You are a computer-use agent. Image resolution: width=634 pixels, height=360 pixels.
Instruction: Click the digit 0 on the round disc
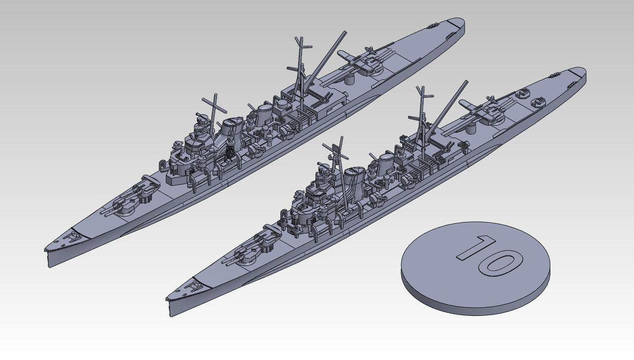click(500, 264)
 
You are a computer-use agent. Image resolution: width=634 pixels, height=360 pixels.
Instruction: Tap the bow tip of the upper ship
click(45, 250)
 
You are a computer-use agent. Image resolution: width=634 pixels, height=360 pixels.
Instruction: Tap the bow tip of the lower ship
click(167, 299)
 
